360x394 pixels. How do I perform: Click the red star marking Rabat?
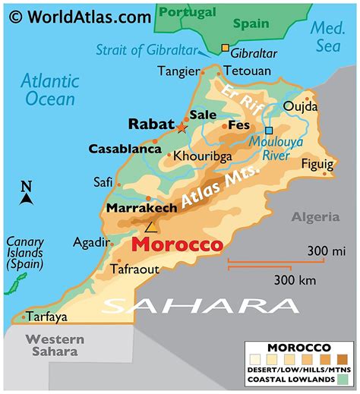(x=181, y=128)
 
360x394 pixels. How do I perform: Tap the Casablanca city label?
(x=121, y=149)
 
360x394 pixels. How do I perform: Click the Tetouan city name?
(x=248, y=71)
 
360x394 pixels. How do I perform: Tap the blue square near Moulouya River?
(x=268, y=130)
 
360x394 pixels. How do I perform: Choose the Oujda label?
(x=298, y=107)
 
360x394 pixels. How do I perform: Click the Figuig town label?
(x=317, y=164)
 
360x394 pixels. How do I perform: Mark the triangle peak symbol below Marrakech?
(x=151, y=226)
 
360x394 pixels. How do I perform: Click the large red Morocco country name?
(x=177, y=245)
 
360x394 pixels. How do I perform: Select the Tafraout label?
(x=134, y=269)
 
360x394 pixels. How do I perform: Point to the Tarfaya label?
(x=46, y=317)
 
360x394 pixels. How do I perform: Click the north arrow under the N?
(x=27, y=199)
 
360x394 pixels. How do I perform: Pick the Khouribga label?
(x=201, y=156)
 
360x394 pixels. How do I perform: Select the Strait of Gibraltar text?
(x=144, y=50)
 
